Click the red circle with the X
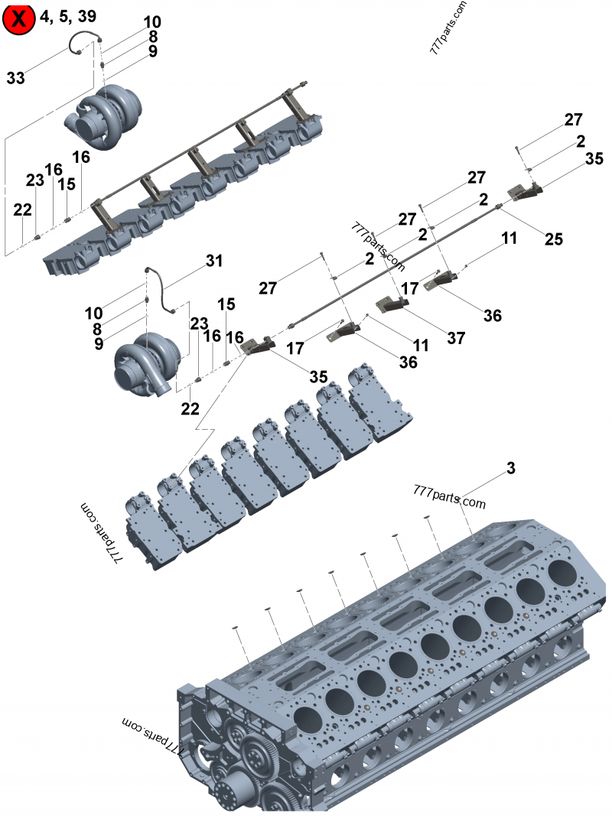18,19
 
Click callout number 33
16,77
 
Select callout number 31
214,261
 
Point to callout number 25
553,239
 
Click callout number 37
456,337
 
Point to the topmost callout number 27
574,119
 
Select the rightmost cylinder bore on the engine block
562,573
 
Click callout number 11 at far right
509,238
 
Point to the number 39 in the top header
87,17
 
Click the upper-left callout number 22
22,210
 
